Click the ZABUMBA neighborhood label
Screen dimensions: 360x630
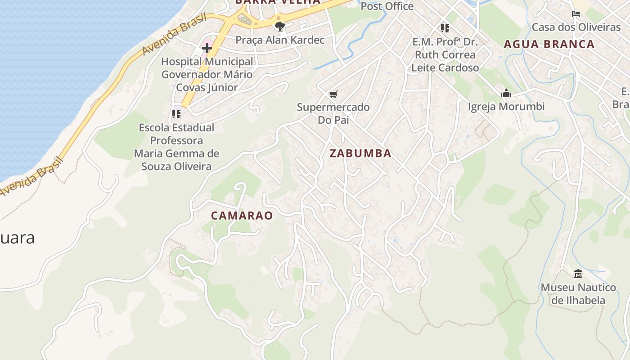click(360, 153)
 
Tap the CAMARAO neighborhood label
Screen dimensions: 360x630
click(242, 216)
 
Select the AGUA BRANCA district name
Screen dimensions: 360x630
click(549, 44)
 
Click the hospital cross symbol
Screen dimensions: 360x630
click(207, 48)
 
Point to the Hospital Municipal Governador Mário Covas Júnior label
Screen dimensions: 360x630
click(207, 74)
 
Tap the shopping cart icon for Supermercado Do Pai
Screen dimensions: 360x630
click(333, 94)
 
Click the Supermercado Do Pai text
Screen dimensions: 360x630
click(333, 113)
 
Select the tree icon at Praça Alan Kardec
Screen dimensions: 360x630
click(280, 26)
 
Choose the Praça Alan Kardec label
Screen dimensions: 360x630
click(280, 40)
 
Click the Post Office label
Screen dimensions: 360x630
click(387, 6)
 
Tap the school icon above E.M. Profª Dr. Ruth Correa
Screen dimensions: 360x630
click(445, 28)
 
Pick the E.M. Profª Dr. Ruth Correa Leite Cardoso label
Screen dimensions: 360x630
click(445, 54)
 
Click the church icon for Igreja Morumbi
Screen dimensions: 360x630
click(506, 94)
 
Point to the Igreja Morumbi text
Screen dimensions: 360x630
click(506, 107)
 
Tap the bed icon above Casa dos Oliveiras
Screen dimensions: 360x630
click(576, 14)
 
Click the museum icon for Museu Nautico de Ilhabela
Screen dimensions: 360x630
click(578, 274)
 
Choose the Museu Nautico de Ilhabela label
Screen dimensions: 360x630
click(578, 293)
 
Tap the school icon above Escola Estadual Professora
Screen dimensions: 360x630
click(176, 114)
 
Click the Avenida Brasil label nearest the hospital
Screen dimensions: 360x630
click(174, 35)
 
